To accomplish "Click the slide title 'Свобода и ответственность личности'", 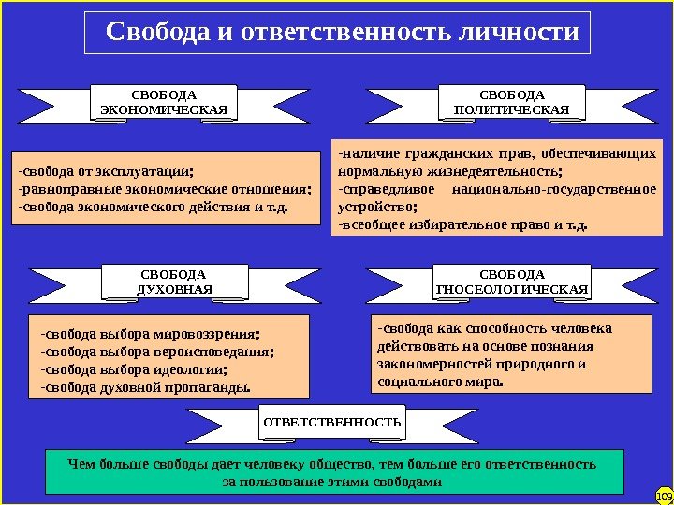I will click(x=343, y=34).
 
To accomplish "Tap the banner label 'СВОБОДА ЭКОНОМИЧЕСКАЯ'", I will click(x=164, y=103).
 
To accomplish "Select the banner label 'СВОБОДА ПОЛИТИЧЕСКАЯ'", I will click(x=511, y=103).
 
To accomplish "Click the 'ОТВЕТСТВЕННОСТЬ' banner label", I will click(x=331, y=422).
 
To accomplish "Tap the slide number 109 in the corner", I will click(x=664, y=495).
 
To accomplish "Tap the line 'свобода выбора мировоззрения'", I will click(x=151, y=333).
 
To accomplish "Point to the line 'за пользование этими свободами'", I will click(x=331, y=482).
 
